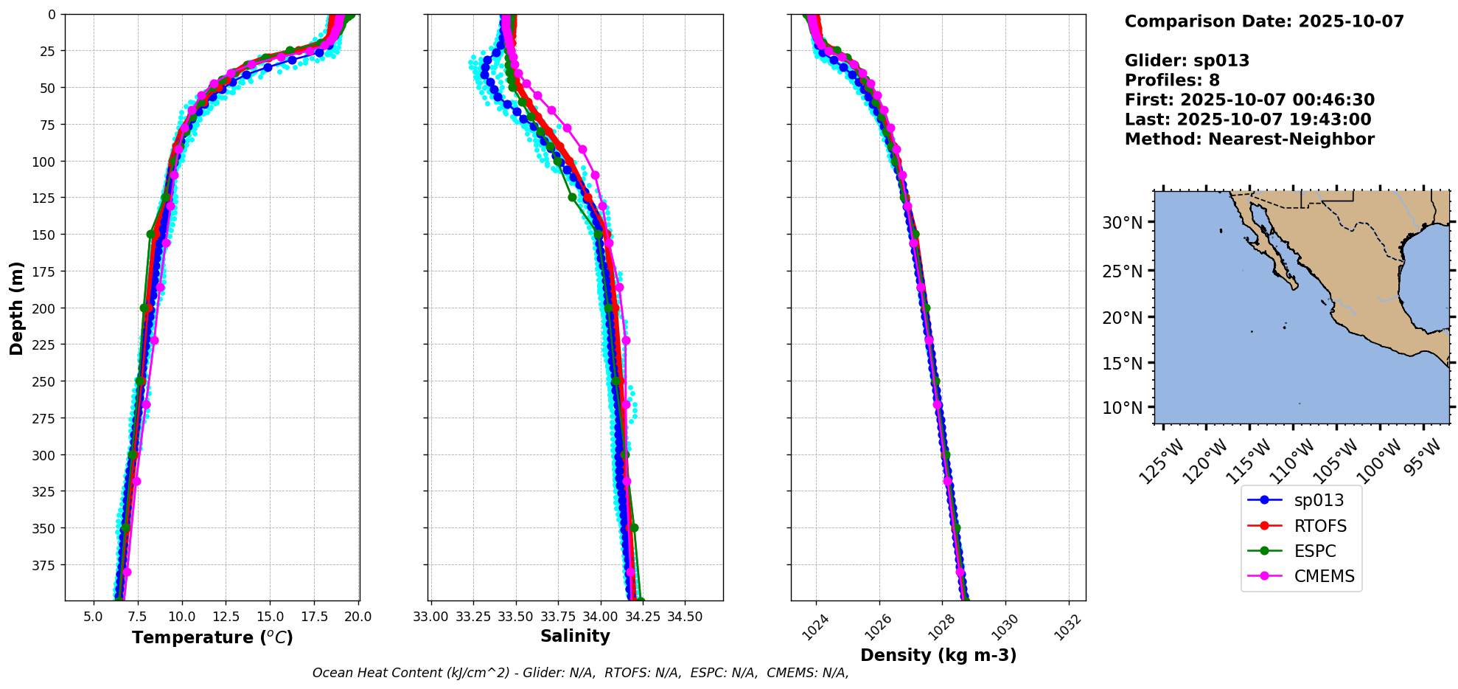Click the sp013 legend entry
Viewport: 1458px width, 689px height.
tap(1318, 500)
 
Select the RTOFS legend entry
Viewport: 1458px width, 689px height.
tap(1319, 526)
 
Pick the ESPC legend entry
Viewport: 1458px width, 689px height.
tap(1314, 551)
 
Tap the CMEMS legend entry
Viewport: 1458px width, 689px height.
tap(1324, 576)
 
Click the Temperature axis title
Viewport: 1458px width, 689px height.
tap(212, 637)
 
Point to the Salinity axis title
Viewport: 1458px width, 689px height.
tap(575, 636)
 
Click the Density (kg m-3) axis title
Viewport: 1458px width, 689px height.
tap(938, 655)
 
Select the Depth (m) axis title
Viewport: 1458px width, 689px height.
tap(16, 308)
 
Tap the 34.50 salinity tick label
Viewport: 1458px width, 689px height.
tap(685, 617)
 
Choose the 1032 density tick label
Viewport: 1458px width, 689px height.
tap(1067, 628)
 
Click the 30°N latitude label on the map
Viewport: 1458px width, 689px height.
tap(1122, 223)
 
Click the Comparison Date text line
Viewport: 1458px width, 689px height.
tap(1264, 21)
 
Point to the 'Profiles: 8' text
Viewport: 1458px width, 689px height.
tap(1172, 80)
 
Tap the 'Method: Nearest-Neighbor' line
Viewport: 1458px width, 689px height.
tap(1249, 139)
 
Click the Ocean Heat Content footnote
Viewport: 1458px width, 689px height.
tap(580, 673)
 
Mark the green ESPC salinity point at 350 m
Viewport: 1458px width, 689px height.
tap(634, 527)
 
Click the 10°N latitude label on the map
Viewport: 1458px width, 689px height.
tap(1122, 408)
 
